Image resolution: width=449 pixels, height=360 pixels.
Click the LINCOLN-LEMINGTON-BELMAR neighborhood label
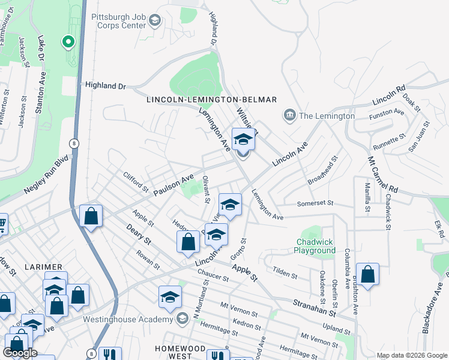tap(212, 99)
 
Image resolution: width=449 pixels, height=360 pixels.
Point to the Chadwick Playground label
tap(315, 246)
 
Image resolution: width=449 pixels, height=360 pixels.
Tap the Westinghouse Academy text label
tap(128, 319)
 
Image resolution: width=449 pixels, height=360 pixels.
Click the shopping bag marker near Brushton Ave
tap(367, 274)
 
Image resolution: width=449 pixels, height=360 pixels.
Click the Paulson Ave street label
tap(174, 185)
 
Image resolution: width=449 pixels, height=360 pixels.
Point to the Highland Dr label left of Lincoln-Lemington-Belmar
tap(106, 86)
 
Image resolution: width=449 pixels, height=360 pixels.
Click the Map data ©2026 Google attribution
tap(412, 355)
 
